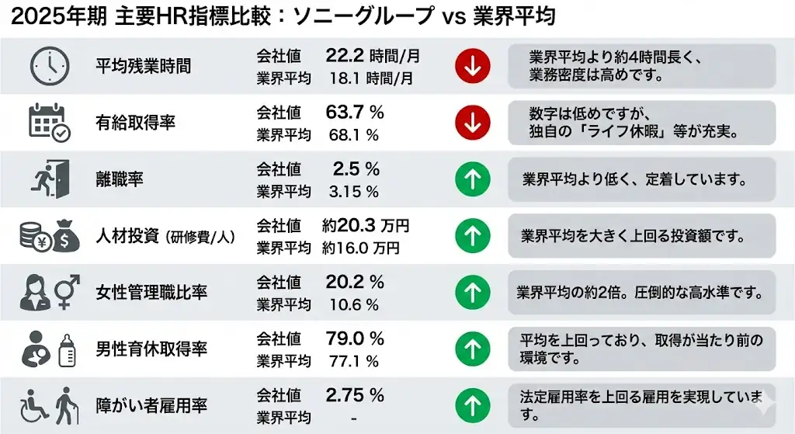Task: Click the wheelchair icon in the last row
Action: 33,404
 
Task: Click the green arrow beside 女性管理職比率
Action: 471,292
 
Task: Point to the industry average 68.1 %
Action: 352,135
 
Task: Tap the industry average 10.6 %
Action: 352,304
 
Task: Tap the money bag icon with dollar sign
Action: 66,238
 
